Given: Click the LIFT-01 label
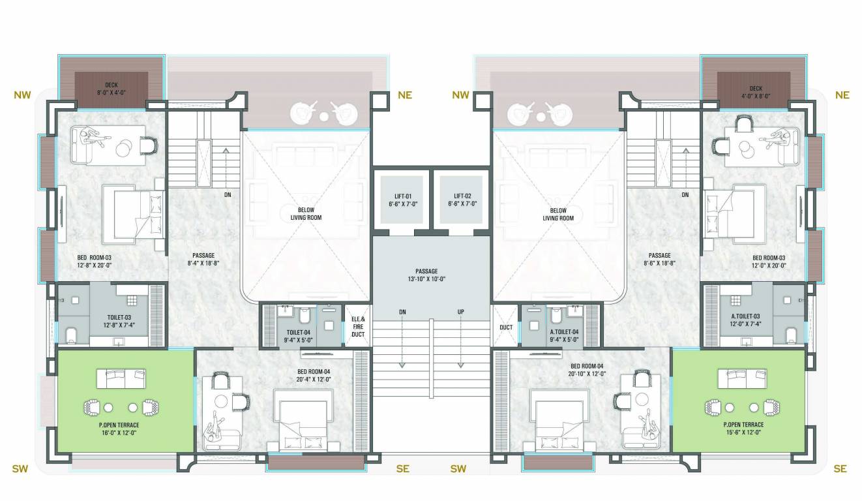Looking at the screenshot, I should pos(400,200).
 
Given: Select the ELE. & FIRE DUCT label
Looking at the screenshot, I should pos(358,326).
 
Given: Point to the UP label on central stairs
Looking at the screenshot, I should pos(461,312).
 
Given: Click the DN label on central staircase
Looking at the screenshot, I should pos(402,312).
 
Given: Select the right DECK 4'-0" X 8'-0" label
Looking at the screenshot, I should pos(756,91).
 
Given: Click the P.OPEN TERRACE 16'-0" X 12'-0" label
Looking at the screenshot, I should pos(119,428).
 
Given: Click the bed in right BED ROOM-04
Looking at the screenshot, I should pos(560,417).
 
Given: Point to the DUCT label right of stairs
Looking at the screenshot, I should pos(506,327).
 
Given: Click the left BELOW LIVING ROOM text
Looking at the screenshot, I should pos(306,214).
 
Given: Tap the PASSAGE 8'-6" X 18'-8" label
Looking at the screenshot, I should pos(659,260).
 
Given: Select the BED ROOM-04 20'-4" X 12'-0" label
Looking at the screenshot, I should pos(314,376).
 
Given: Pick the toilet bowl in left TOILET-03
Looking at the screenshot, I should pos(70,335).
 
